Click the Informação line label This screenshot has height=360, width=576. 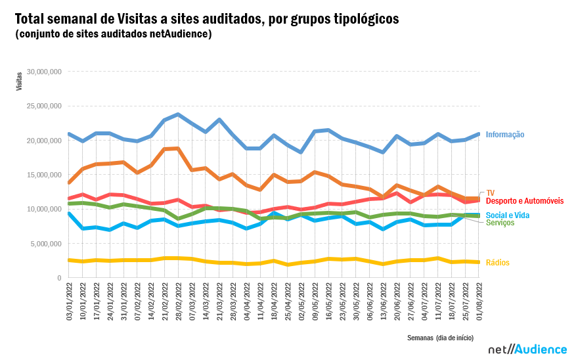(x=504, y=135)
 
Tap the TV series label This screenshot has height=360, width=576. (x=490, y=193)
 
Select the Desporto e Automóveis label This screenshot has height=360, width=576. (x=524, y=200)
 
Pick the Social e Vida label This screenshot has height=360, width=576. (x=507, y=215)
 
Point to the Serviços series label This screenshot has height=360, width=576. (x=500, y=223)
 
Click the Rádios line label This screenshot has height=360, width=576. (x=497, y=263)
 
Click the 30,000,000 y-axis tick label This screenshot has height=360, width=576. (x=42, y=72)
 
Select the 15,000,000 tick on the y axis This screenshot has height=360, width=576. (x=42, y=175)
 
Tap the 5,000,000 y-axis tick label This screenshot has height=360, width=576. (x=44, y=244)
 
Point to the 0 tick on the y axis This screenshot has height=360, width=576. (x=58, y=278)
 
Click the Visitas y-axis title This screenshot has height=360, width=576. (x=19, y=81)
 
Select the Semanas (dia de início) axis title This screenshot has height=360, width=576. (x=439, y=337)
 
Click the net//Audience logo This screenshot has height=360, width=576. (x=523, y=349)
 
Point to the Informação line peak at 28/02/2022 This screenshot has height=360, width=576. (x=178, y=115)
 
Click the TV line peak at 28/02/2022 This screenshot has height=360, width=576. (x=178, y=148)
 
